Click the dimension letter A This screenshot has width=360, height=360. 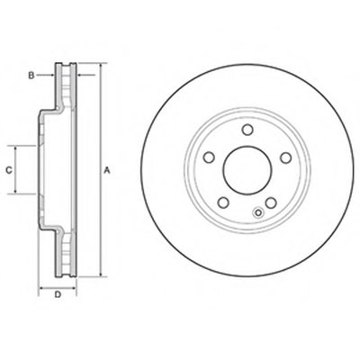107,171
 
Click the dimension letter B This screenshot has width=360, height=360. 31,76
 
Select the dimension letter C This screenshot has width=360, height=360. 9,170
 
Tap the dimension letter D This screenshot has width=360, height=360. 58,294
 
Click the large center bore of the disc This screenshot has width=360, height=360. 247,170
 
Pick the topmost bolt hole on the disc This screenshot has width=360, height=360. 247,130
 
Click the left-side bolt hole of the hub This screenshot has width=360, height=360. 209,157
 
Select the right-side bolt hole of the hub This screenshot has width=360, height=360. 286,157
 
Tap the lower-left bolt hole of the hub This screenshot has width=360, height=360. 223,203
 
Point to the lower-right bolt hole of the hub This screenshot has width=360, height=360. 271,203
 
